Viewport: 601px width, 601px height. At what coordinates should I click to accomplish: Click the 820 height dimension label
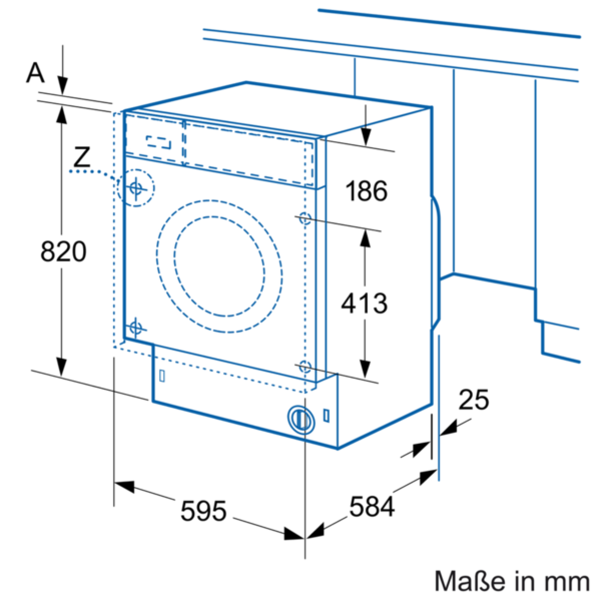pyautogui.click(x=63, y=251)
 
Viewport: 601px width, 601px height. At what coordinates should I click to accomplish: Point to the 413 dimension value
pyautogui.click(x=364, y=303)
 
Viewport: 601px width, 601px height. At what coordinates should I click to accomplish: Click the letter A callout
pyautogui.click(x=36, y=73)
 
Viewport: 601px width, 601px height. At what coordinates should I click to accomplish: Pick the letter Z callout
pyautogui.click(x=82, y=158)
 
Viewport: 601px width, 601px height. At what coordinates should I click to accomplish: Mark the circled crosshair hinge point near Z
pyautogui.click(x=136, y=188)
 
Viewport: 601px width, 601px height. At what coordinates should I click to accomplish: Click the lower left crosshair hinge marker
pyautogui.click(x=135, y=328)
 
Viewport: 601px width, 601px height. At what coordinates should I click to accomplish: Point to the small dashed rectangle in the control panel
pyautogui.click(x=159, y=142)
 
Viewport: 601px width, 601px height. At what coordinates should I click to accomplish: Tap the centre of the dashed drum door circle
pyautogui.click(x=219, y=266)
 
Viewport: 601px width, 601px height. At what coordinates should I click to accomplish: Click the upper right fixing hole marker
pyautogui.click(x=305, y=218)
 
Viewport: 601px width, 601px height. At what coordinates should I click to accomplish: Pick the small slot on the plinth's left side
pyautogui.click(x=162, y=376)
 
